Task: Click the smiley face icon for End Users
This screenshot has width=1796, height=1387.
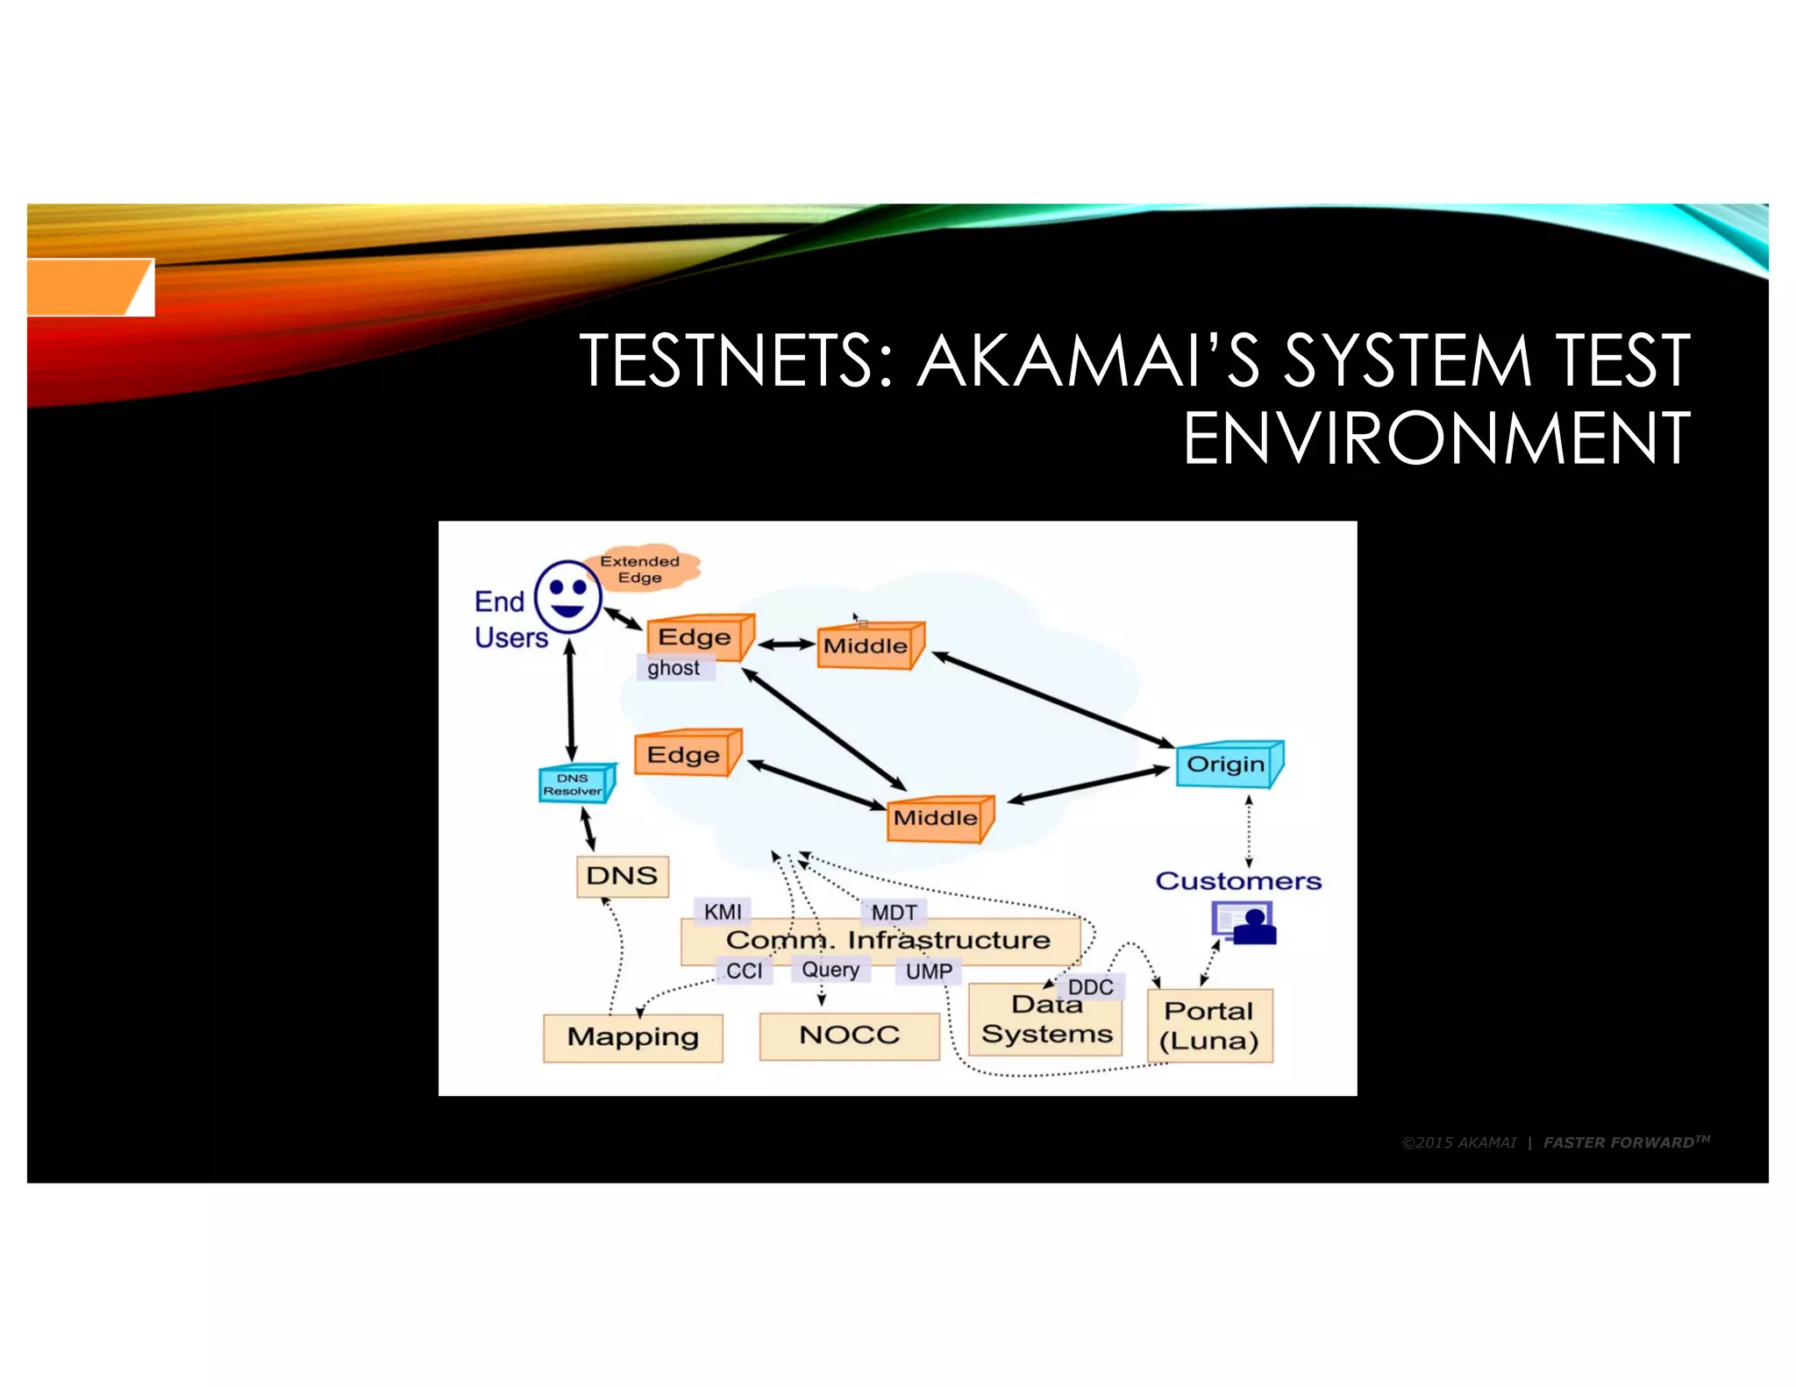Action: tap(568, 596)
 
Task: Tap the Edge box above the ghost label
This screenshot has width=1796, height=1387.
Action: tap(698, 637)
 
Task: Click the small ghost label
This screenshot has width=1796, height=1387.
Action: tap(673, 668)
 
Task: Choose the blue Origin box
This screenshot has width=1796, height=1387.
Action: tap(1227, 765)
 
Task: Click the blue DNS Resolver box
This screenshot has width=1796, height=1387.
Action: tap(575, 784)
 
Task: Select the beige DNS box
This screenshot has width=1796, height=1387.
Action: tap(622, 876)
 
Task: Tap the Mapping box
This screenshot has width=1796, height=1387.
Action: tap(632, 1037)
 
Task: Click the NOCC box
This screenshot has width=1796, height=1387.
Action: tap(849, 1035)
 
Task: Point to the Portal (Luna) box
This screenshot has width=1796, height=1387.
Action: tap(1209, 1026)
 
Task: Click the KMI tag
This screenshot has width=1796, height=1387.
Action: tap(723, 912)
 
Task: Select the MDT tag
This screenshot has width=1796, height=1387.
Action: tap(894, 913)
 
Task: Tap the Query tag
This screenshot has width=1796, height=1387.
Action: tap(830, 970)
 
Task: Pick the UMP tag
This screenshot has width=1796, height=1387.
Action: tap(929, 971)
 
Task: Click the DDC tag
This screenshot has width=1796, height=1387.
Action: tap(1090, 987)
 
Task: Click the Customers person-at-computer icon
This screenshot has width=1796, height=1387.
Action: tap(1244, 923)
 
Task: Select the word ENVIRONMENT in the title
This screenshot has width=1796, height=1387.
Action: tap(1436, 438)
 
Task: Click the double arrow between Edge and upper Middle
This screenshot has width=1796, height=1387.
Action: tap(786, 644)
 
